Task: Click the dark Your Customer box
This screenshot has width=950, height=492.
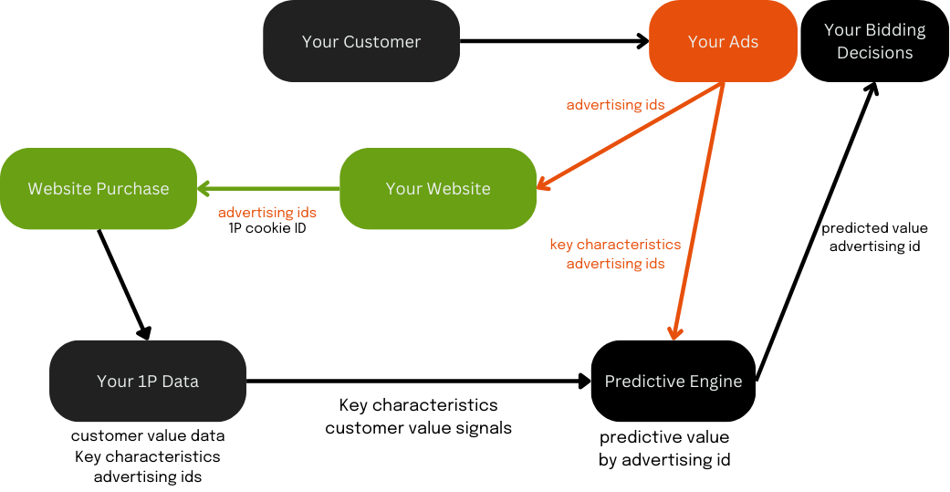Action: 361,42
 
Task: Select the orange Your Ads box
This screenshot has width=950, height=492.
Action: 723,42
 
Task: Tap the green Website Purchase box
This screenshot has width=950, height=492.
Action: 99,189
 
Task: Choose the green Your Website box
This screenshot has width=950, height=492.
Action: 438,189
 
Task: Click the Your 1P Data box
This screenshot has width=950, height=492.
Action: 148,382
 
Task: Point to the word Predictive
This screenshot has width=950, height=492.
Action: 639,382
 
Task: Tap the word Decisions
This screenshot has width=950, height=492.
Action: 874,53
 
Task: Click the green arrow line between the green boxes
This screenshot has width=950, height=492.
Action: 274,189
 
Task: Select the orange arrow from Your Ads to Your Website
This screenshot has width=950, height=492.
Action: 630,137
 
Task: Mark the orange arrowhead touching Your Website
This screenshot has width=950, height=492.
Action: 544,185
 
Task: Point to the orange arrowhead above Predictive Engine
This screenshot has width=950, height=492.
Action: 675,330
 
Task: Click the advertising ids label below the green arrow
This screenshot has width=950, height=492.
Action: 267,213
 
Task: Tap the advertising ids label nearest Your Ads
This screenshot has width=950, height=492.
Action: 615,105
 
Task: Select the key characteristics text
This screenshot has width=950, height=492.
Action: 615,245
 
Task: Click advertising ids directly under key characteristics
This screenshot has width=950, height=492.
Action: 615,264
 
